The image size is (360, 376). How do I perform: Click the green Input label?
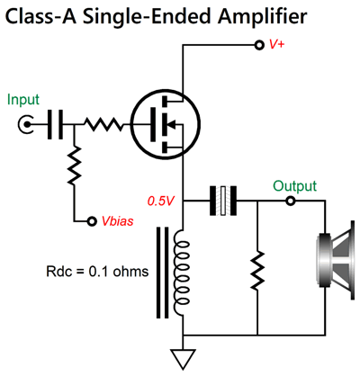(x=24, y=100)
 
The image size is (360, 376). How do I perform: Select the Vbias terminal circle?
(x=92, y=219)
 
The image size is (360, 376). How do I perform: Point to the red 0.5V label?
(x=162, y=200)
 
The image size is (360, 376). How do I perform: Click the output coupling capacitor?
(x=221, y=201)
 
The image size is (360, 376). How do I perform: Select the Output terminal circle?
(x=290, y=201)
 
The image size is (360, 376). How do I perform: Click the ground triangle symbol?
(x=184, y=360)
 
